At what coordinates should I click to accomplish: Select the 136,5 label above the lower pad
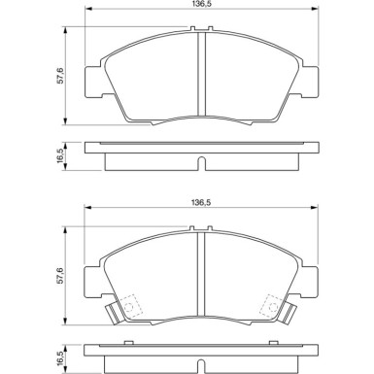pyautogui.click(x=199, y=202)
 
